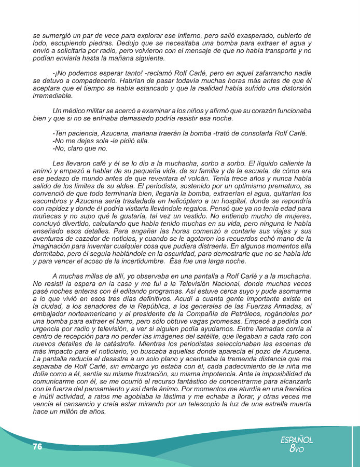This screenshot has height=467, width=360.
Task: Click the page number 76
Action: coord(37,447)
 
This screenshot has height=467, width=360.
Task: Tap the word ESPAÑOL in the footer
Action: coord(296,439)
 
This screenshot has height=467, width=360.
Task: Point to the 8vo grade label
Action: coord(296,449)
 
